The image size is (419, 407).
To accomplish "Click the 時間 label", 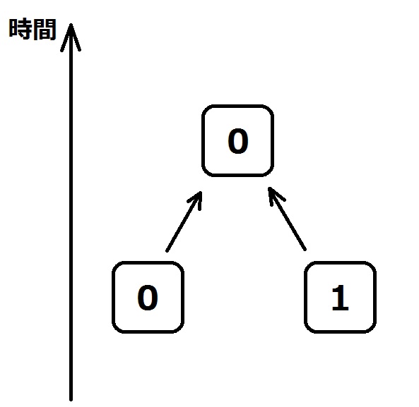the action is [x=33, y=29].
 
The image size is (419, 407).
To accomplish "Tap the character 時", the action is [x=20, y=29].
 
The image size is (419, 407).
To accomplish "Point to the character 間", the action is [x=45, y=29].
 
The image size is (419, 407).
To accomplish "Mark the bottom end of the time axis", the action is [x=71, y=399].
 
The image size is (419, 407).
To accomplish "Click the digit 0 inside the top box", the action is [x=238, y=141].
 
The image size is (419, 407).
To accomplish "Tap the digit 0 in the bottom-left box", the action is [x=148, y=298].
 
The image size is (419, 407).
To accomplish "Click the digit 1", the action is [x=340, y=298].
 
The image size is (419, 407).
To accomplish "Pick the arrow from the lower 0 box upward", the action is [x=184, y=221].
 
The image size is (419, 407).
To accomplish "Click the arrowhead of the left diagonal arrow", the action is [x=201, y=192].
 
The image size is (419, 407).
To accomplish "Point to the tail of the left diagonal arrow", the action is [x=167, y=250].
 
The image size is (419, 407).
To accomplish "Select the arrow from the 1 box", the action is [x=287, y=219].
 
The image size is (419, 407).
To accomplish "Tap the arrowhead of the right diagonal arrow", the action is [x=269, y=188].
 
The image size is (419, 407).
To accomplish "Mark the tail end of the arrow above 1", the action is [x=305, y=250].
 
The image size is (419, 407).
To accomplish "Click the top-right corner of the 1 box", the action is [x=373, y=265].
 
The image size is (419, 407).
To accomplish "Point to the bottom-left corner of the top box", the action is [x=205, y=174].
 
